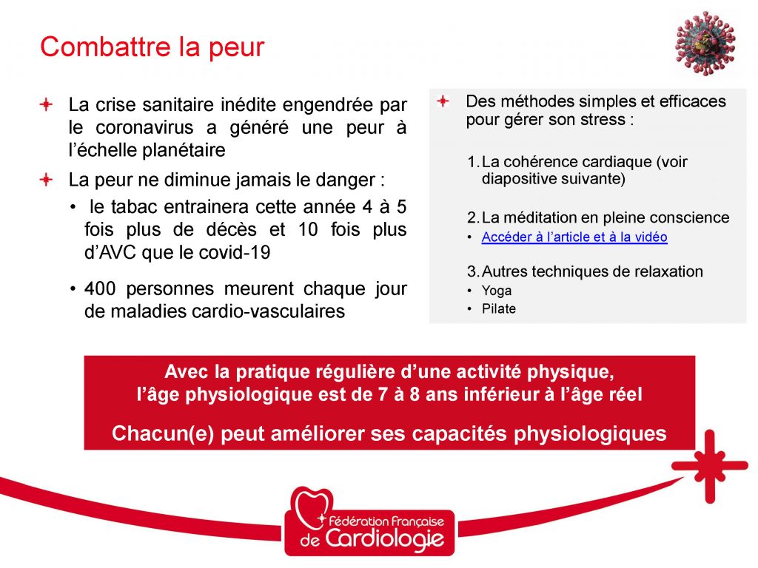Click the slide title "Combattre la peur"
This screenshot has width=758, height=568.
[152, 47]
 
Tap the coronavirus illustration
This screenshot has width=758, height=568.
[705, 44]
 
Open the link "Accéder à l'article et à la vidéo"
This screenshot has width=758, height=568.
[574, 237]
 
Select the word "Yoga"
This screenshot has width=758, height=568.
[497, 291]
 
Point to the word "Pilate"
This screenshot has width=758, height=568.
[498, 308]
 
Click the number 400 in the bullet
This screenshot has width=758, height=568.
[100, 288]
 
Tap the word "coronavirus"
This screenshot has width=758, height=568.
[144, 127]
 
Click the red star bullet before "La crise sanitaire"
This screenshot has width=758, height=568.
[46, 104]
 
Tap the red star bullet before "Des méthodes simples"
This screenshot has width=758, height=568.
[443, 101]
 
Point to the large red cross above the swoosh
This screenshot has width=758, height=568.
[709, 466]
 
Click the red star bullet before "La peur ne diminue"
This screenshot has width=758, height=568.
[46, 180]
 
